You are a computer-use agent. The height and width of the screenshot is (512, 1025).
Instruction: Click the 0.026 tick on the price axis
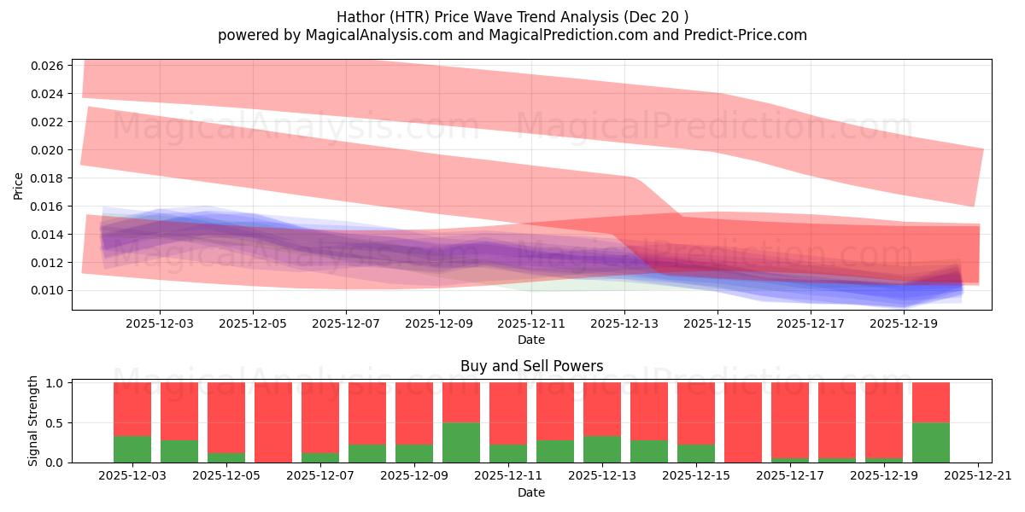[47, 66]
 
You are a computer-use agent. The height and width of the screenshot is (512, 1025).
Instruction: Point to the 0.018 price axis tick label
[47, 178]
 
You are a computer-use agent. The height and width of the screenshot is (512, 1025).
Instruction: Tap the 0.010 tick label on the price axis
[47, 291]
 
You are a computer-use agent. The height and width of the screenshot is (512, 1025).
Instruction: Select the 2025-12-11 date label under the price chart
[531, 324]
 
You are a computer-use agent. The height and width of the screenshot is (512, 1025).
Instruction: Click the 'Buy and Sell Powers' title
[531, 366]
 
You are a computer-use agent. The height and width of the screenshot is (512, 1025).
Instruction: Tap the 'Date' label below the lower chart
[531, 492]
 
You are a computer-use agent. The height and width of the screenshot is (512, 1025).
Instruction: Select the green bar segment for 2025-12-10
[461, 442]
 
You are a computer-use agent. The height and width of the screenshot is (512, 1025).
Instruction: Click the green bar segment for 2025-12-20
[931, 442]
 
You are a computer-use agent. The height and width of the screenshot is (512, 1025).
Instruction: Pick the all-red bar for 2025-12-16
[743, 422]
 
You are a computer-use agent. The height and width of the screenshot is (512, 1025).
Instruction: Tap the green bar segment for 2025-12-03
[132, 449]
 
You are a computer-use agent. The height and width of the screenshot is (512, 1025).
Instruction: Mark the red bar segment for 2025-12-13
[602, 409]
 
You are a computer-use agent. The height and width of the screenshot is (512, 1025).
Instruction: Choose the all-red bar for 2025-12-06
[273, 422]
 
